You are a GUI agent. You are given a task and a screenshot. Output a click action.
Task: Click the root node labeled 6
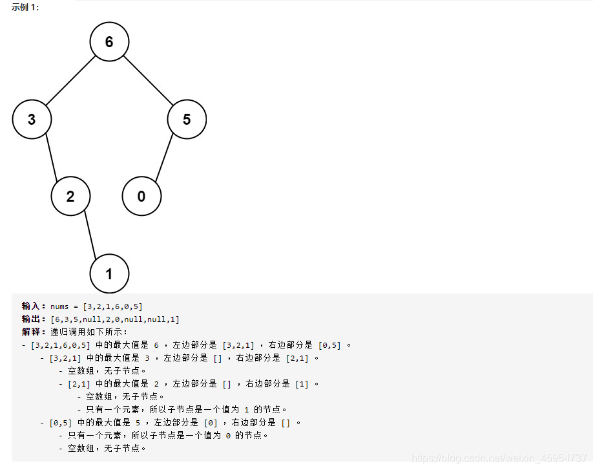(109, 42)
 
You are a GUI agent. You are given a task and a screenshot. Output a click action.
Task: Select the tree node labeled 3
(32, 120)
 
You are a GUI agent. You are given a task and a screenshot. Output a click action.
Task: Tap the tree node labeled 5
(187, 120)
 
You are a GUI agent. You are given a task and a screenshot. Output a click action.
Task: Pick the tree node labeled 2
(70, 197)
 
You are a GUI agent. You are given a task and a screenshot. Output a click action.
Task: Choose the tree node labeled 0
(141, 197)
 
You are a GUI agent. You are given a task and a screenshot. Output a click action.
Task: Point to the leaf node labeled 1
(109, 274)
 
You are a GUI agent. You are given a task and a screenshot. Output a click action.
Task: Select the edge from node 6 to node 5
(148, 81)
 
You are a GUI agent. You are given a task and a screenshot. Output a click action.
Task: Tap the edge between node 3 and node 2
(51, 158)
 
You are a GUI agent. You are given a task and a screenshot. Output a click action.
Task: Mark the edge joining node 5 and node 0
(164, 158)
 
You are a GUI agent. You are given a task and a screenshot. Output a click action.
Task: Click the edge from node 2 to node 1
(90, 235)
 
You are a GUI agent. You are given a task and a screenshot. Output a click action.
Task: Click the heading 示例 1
(25, 7)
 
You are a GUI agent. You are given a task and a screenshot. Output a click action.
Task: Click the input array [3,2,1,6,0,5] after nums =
(113, 306)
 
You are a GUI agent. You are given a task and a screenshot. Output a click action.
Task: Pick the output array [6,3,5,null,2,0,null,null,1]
(115, 319)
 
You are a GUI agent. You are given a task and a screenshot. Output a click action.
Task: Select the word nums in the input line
(59, 306)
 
